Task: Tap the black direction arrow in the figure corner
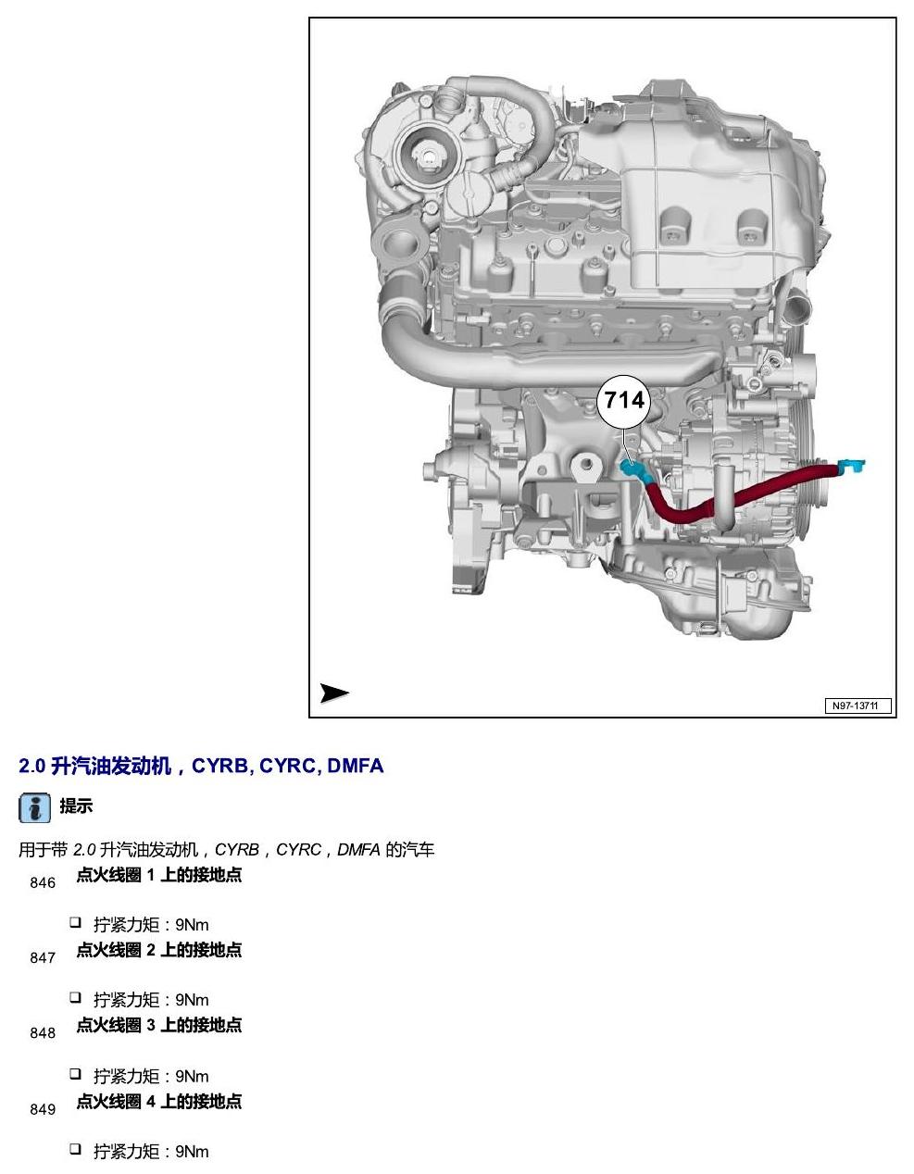coord(333,693)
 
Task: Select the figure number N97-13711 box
coord(858,706)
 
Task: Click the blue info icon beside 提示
coord(35,807)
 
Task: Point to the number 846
coord(43,882)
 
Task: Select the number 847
coord(43,958)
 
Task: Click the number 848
coord(43,1033)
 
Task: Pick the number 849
coord(43,1109)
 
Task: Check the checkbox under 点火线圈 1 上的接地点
coord(75,922)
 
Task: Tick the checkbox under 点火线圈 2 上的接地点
coord(75,997)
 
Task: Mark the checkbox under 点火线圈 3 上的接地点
coord(75,1073)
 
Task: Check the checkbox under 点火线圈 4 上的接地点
coord(75,1149)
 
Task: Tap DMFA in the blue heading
coord(356,766)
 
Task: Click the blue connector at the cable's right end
coord(851,465)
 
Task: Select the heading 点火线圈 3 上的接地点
coord(159,1025)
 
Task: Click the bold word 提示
coord(76,806)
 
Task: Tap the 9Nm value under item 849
coord(192,1150)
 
